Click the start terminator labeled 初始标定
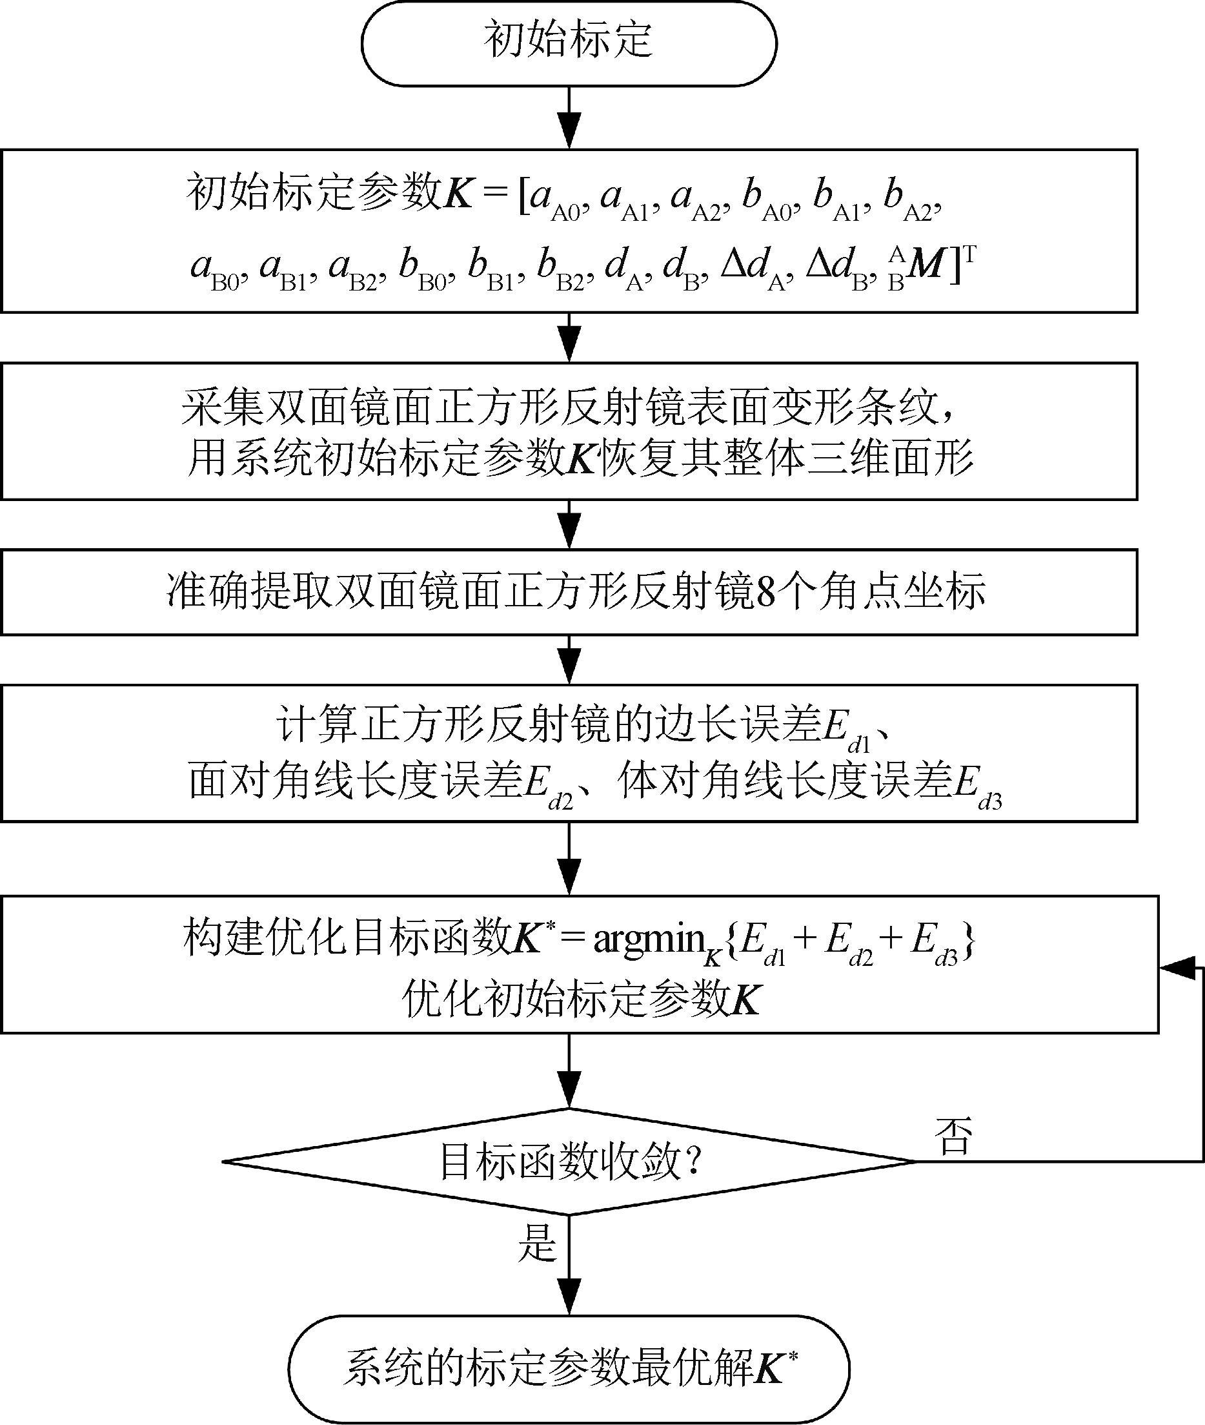[x=569, y=43]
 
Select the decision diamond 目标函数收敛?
[x=569, y=1161]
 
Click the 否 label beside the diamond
[x=953, y=1137]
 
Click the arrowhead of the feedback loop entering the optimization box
[x=1172, y=968]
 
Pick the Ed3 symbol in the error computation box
[x=977, y=784]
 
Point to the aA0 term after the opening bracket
[x=554, y=200]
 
